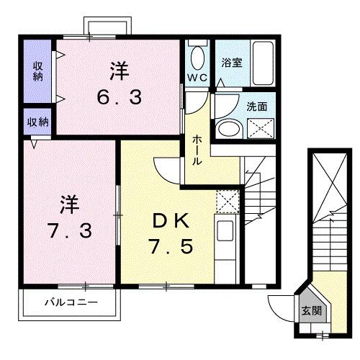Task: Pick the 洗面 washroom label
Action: (x=256, y=105)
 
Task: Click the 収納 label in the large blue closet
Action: (x=37, y=72)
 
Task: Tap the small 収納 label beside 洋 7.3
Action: (x=37, y=122)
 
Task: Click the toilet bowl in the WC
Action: (x=196, y=55)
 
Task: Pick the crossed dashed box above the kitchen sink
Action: (x=226, y=199)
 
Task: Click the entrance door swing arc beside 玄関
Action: (x=279, y=308)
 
